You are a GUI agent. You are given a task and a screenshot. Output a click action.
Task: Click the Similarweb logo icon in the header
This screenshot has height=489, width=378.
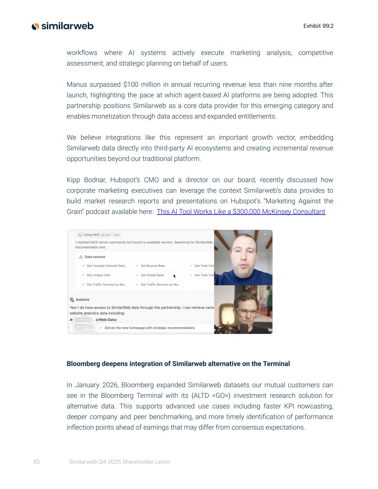click(x=35, y=26)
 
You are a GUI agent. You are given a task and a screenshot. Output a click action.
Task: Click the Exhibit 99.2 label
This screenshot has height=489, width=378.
click(x=318, y=26)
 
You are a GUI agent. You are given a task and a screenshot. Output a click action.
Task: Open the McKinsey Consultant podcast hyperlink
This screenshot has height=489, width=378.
click(x=241, y=212)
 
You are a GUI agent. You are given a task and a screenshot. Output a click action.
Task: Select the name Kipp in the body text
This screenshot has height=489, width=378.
click(x=73, y=180)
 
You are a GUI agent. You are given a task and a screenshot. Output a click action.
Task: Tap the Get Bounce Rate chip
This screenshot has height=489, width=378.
click(x=153, y=266)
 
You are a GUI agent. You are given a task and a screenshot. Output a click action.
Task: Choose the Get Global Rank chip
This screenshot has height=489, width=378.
click(x=152, y=275)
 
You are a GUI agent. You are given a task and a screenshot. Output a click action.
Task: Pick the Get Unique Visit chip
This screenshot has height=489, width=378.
click(x=98, y=275)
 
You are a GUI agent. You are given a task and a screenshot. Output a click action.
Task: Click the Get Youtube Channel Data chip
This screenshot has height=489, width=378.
click(x=106, y=266)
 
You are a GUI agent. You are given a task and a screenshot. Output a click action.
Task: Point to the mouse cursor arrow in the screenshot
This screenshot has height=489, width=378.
click(x=174, y=276)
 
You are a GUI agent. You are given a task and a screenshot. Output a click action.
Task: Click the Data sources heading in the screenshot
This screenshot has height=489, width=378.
click(x=95, y=257)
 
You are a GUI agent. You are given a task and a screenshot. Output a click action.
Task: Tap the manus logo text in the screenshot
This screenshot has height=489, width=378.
click(x=82, y=299)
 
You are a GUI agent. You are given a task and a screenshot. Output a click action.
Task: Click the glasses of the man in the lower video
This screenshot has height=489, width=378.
click(x=247, y=312)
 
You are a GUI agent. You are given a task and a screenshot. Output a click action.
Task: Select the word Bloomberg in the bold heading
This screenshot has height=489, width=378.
click(x=83, y=364)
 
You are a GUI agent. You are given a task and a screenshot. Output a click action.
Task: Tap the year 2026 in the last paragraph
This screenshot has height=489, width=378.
click(x=110, y=385)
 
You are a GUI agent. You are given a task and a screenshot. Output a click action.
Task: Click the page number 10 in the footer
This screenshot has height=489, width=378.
click(x=36, y=462)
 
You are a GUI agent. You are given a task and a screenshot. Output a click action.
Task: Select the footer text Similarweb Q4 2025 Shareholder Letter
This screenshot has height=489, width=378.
click(x=120, y=462)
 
